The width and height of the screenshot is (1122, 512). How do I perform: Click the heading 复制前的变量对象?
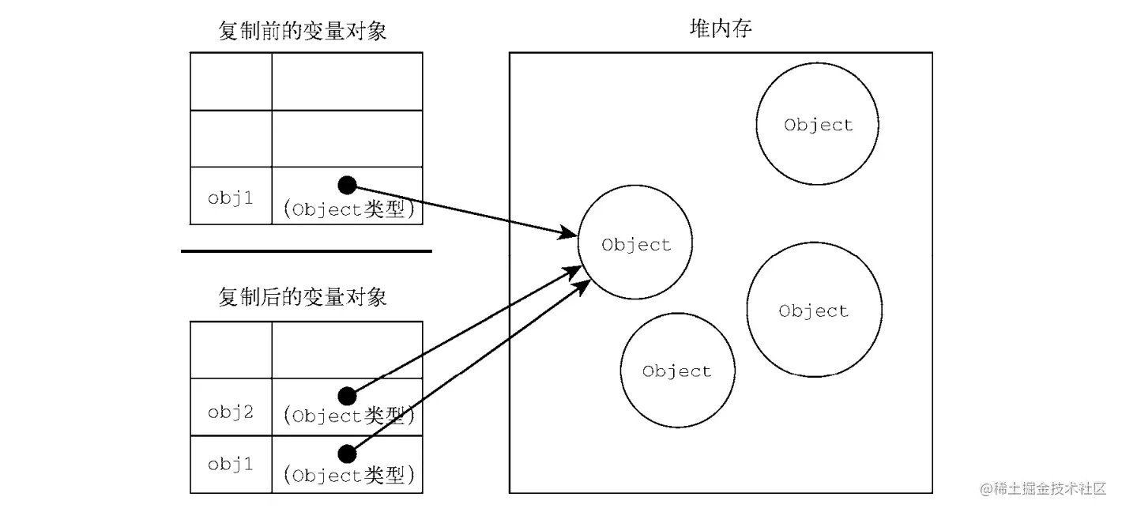[303, 31]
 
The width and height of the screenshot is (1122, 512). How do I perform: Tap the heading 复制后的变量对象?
[303, 297]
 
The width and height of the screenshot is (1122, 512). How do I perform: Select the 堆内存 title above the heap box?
[721, 28]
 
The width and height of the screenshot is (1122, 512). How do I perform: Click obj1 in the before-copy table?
[231, 198]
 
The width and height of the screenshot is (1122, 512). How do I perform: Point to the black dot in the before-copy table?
[347, 186]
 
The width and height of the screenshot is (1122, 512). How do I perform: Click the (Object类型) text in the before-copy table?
[349, 209]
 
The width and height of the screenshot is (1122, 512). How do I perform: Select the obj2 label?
[231, 412]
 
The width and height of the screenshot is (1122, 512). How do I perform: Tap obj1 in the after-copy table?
[231, 465]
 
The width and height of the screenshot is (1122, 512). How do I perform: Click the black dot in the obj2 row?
[347, 397]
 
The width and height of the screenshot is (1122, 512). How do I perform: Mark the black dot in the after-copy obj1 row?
[347, 454]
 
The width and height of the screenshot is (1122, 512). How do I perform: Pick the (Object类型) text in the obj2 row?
[349, 416]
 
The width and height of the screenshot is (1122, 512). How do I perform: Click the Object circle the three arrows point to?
[635, 243]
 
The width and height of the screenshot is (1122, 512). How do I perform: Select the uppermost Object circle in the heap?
[818, 124]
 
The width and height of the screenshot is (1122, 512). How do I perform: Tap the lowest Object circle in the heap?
[678, 371]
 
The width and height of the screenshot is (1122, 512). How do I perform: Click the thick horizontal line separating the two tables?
[307, 251]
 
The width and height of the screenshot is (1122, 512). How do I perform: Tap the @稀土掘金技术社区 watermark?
[1043, 488]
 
